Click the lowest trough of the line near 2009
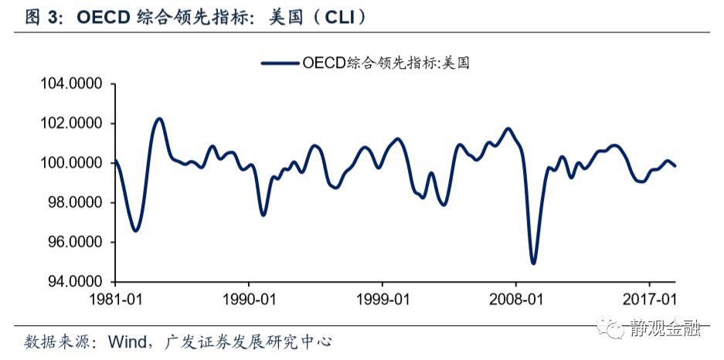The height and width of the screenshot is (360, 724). (533, 263)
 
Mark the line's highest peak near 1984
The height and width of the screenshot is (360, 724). (159, 119)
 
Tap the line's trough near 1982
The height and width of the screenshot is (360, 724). (135, 230)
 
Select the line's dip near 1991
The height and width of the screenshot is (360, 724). (263, 214)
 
